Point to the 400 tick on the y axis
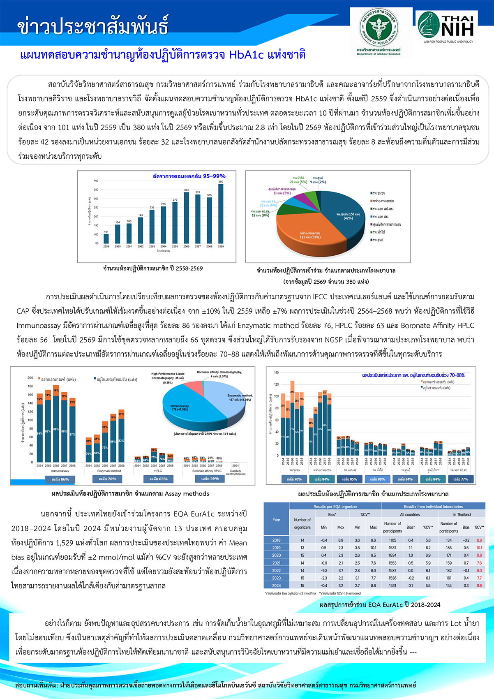tap(96, 181)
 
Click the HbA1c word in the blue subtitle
tap(247, 55)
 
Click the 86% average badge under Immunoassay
tap(60, 479)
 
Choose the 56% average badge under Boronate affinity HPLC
tap(210, 479)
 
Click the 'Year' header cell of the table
tap(277, 520)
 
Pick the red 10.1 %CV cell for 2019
tap(479, 548)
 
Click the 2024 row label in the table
tap(277, 586)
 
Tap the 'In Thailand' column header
tap(462, 514)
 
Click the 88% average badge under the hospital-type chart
tap(376, 479)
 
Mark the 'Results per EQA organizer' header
tap(335, 507)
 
